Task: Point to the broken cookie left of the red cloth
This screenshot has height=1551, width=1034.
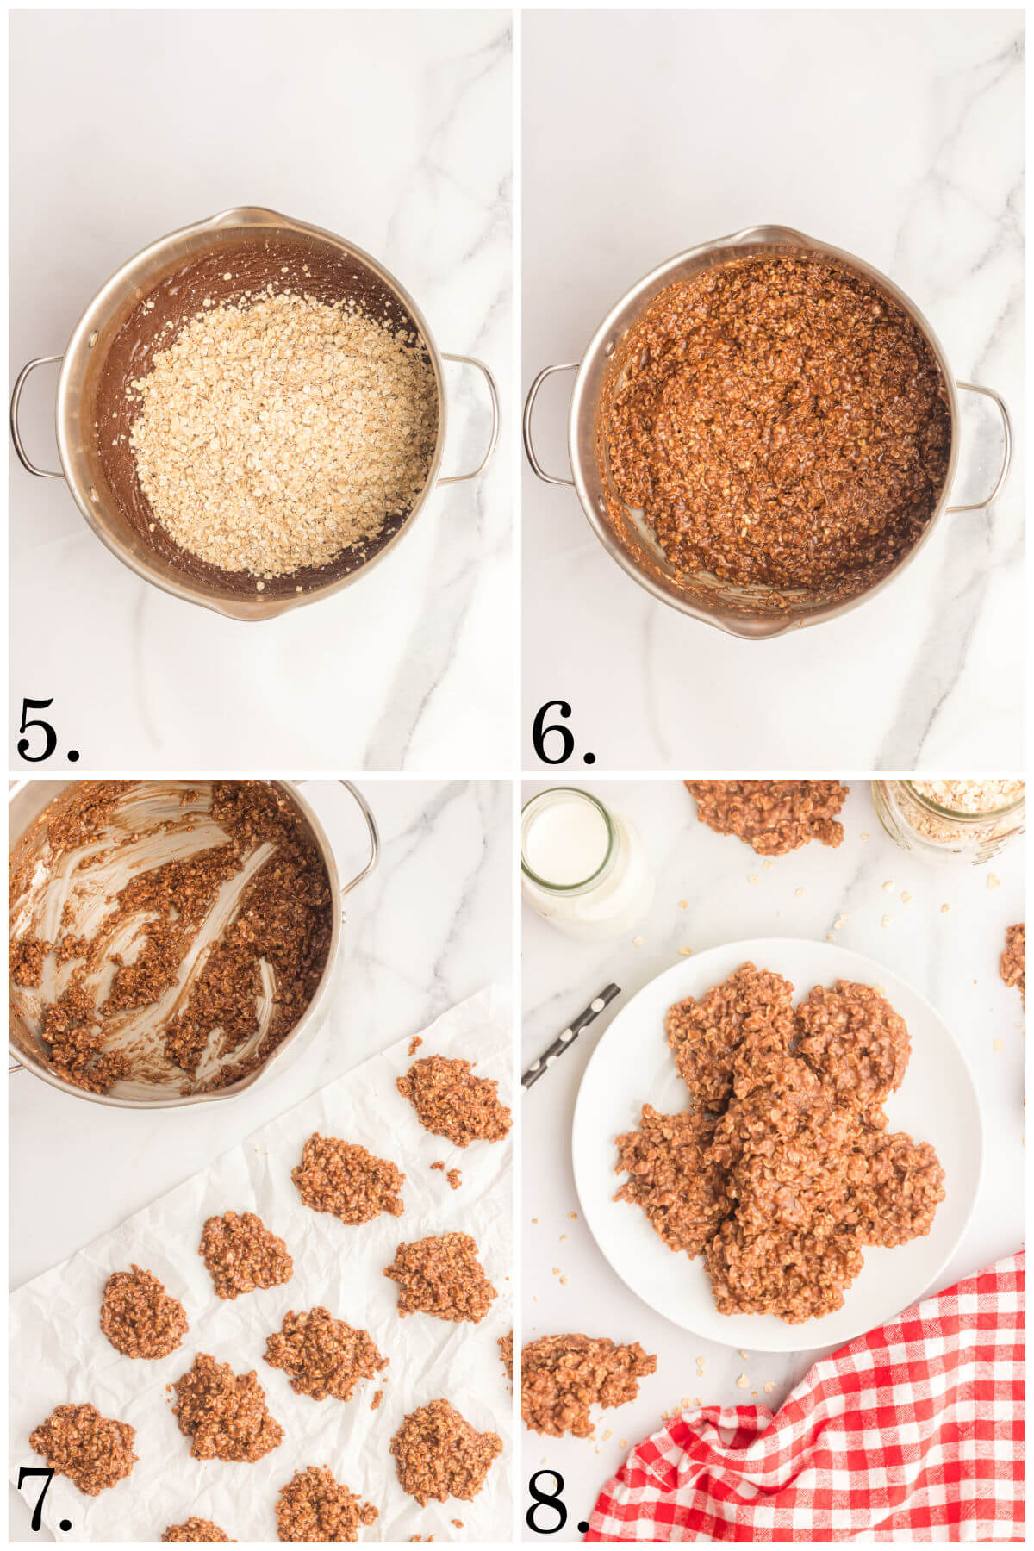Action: tap(577, 1379)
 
